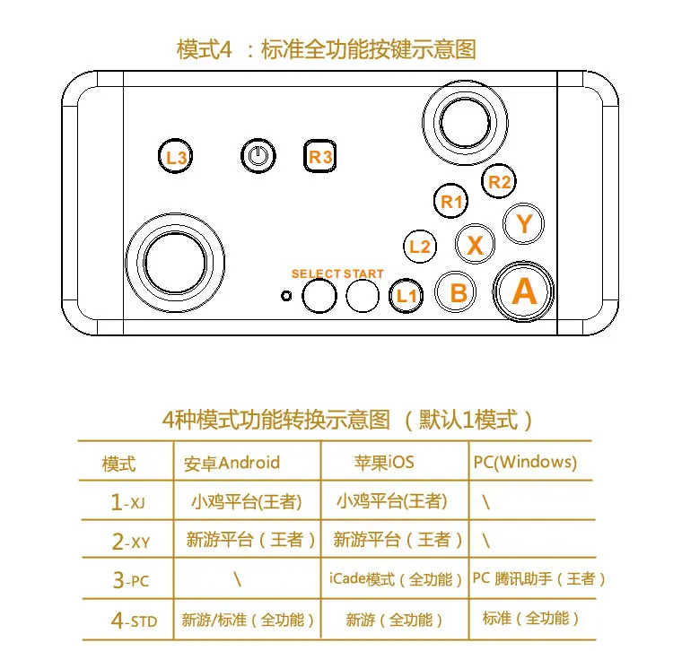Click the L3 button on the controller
click(x=176, y=158)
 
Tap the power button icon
click(x=258, y=157)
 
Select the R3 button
click(x=320, y=157)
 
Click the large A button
click(x=524, y=291)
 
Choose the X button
click(x=476, y=244)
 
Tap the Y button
click(x=524, y=222)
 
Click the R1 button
click(x=451, y=202)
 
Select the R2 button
click(x=500, y=181)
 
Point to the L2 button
click(x=420, y=246)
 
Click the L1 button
click(x=407, y=294)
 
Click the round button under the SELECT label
click(x=319, y=294)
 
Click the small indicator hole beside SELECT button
click(x=286, y=295)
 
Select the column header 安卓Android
click(x=232, y=463)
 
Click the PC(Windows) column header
click(x=524, y=463)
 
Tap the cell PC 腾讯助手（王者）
click(x=539, y=579)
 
